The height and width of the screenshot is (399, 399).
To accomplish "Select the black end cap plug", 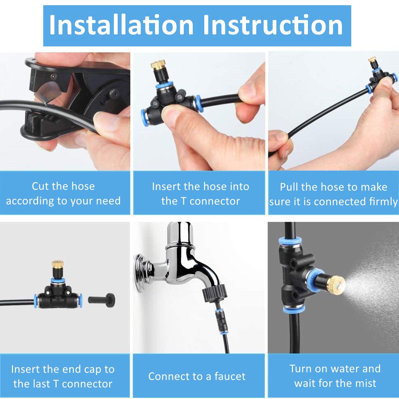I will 102,300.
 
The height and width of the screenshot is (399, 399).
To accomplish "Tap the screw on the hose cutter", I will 54,77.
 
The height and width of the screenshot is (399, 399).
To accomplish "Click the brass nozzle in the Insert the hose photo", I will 158,65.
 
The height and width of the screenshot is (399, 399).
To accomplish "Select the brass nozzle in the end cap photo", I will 57,264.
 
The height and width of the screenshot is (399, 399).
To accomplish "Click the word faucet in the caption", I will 230,376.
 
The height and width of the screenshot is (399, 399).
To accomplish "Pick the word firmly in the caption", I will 383,202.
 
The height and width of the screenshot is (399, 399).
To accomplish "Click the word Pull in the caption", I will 289,187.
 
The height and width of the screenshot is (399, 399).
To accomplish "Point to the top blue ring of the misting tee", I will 290,241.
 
